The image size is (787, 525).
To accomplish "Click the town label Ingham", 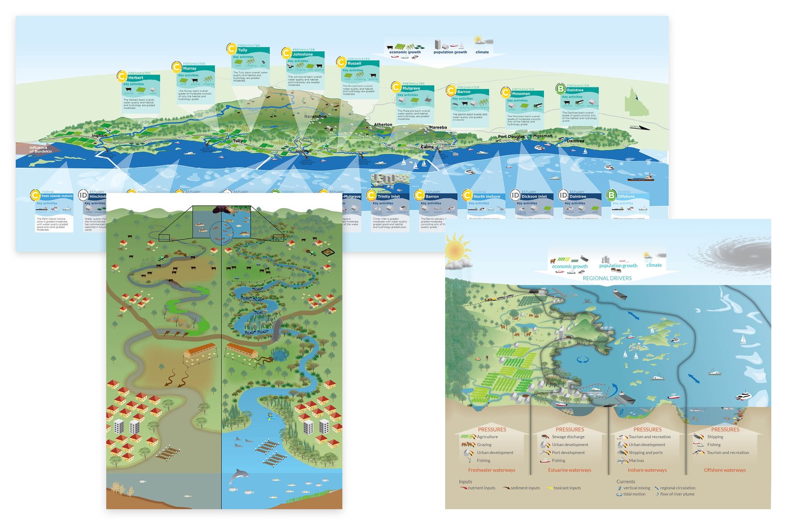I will tap(99, 136).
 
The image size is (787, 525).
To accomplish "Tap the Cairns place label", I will tap(427, 147).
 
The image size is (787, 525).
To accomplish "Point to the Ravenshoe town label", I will tap(315, 117).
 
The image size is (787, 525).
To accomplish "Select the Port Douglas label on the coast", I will tap(511, 137).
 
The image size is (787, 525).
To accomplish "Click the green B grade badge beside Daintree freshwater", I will tap(560, 89).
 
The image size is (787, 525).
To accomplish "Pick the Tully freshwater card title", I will tap(243, 50).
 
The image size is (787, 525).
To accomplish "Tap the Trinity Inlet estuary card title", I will tap(389, 196).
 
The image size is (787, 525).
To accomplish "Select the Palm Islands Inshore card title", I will tap(57, 196).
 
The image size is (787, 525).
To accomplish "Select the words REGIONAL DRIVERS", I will tap(607, 278).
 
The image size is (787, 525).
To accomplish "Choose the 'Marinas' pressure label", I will tap(636, 461).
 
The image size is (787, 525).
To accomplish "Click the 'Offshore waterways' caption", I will tap(725, 470).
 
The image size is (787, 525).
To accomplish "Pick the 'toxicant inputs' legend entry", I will tap(567, 488).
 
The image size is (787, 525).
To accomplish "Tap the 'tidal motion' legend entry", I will tap(634, 494).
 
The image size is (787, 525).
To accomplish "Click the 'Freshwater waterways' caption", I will tap(491, 470).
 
